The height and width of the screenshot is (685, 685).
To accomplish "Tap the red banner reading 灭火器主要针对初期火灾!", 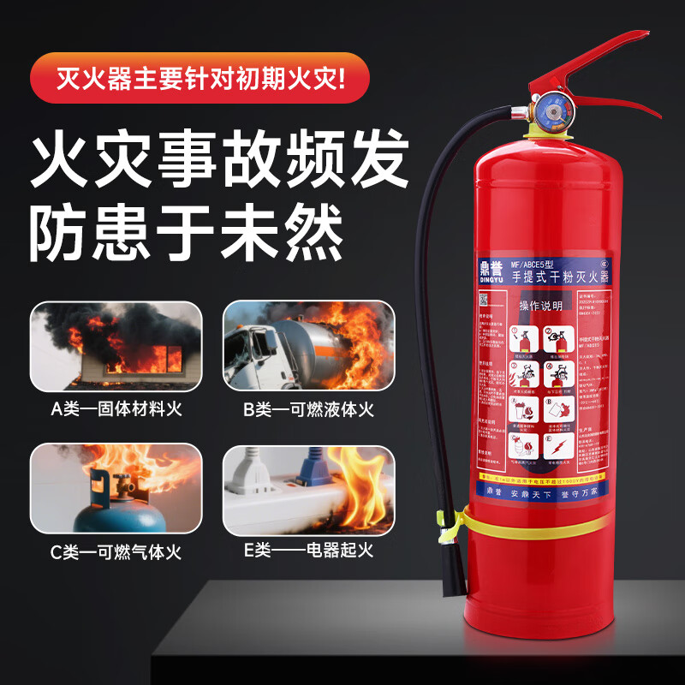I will (200, 82).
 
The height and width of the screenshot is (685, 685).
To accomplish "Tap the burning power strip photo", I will (308, 490).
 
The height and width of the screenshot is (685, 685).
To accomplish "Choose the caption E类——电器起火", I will (308, 553).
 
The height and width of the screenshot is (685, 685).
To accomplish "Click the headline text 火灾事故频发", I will (219, 160).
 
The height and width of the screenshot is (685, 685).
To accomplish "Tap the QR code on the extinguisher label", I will (483, 299).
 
